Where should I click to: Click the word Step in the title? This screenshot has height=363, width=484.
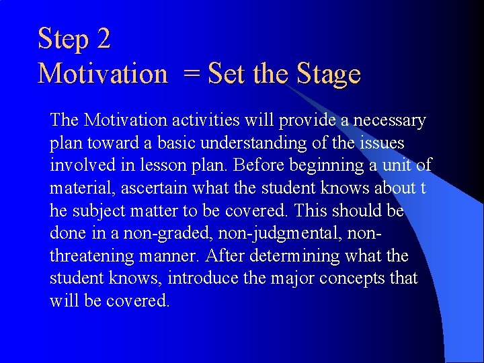click(64, 39)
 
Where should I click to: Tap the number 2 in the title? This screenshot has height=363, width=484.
click(103, 38)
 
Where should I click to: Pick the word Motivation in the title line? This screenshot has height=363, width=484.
click(103, 73)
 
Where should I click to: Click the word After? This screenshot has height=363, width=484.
click(224, 256)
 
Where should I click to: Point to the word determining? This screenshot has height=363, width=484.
click(290, 257)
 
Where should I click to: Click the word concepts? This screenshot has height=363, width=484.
click(350, 279)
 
